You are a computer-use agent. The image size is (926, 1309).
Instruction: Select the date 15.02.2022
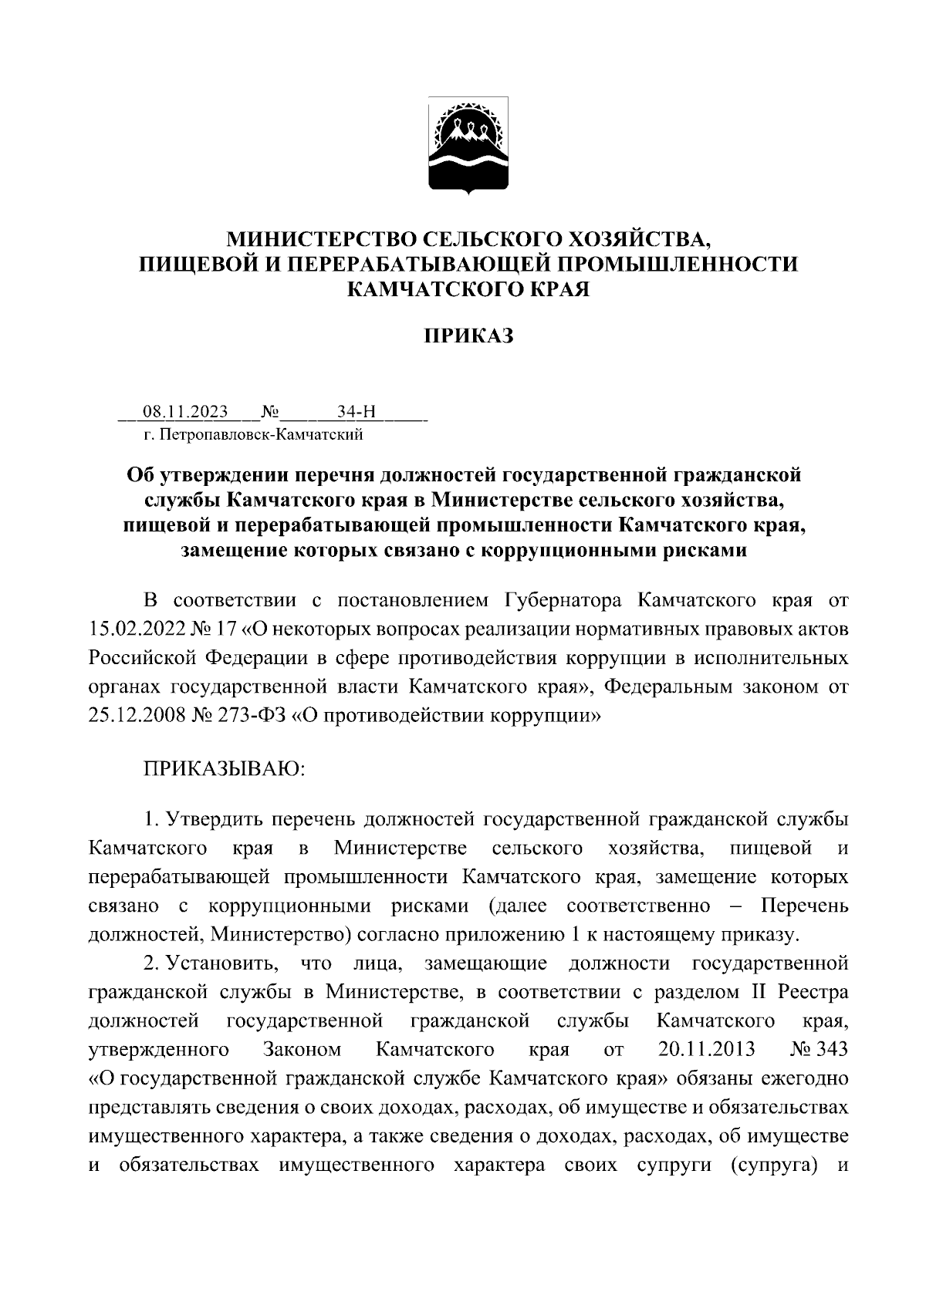[133, 628]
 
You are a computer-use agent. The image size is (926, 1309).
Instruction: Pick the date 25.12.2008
[133, 714]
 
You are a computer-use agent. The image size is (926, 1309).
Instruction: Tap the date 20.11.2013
[707, 1050]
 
